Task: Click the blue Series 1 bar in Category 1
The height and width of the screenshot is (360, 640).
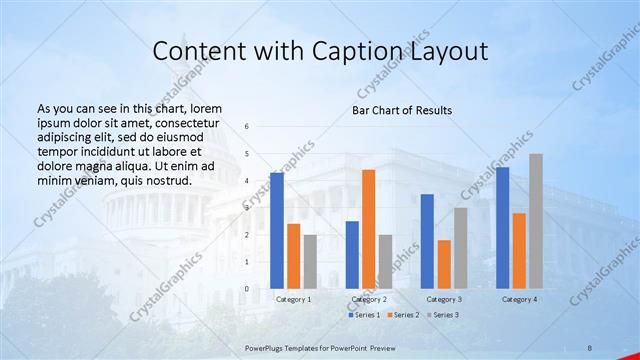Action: point(277,230)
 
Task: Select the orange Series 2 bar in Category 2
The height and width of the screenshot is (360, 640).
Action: point(368,229)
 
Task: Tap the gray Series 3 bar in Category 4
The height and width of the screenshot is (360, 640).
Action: point(536,221)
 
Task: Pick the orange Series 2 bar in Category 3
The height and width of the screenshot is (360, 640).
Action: point(444,264)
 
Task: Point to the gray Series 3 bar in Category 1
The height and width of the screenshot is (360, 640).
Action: point(310,261)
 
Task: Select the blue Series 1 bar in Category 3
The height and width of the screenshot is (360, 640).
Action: point(427,241)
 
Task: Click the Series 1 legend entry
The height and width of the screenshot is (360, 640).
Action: point(364,315)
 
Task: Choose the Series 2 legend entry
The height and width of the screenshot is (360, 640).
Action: point(401,315)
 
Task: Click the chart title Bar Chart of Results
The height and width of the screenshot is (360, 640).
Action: point(401,110)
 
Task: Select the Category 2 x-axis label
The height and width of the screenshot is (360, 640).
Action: point(369,299)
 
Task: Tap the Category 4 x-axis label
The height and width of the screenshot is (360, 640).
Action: point(519,299)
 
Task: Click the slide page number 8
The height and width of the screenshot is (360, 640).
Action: point(589,346)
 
